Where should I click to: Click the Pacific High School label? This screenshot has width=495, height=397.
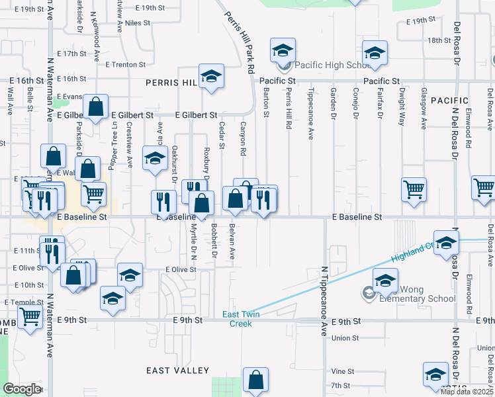pos(333,65)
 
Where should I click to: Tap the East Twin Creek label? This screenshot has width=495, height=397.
pos(240,319)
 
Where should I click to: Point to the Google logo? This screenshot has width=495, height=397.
pos(22,389)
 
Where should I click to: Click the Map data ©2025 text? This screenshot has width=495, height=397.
pos(467,392)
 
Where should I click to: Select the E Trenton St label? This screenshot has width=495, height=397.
pos(126,65)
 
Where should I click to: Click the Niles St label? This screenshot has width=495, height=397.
pos(138,22)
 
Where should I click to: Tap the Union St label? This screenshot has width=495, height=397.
pos(345,338)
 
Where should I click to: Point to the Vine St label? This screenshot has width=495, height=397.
pos(343,372)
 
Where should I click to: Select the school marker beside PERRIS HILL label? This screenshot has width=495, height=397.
pos(211,76)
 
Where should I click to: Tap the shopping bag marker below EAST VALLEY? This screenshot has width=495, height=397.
pos(255,380)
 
